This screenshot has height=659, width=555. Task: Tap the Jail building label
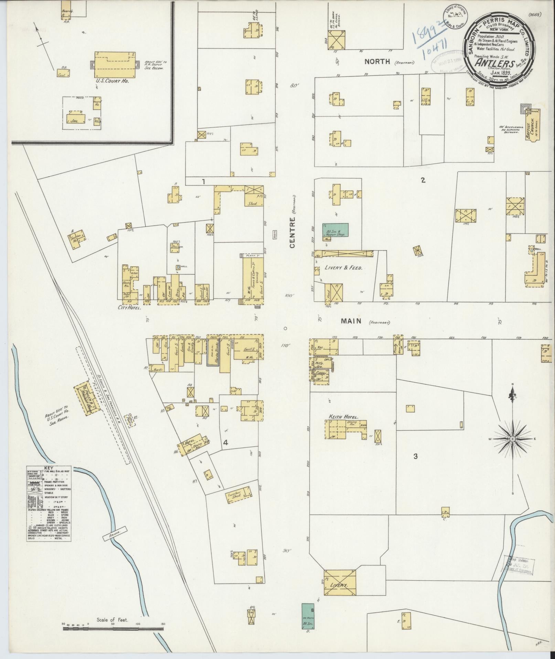[73, 121]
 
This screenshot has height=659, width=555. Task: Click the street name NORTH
[377, 62]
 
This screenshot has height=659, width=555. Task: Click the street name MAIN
[351, 321]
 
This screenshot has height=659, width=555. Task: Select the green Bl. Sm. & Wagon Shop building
[335, 230]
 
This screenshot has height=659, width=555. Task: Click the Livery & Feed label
[343, 268]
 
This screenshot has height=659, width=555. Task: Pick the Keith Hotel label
[341, 416]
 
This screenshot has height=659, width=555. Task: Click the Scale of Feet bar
[113, 629]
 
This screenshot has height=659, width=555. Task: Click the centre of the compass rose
[512, 439]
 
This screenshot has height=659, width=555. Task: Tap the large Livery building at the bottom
[340, 583]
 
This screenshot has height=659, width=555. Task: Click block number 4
[225, 443]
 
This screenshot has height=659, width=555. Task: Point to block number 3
[415, 456]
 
